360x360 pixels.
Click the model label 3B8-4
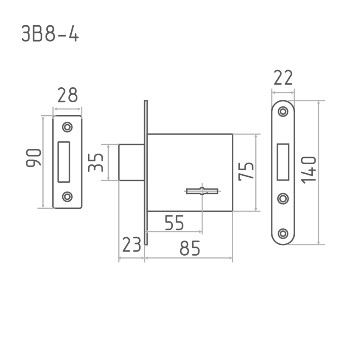[50, 33]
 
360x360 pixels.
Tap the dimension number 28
[67, 95]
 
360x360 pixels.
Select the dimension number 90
[33, 157]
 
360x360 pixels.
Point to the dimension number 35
[95, 162]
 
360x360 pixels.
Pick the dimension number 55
[175, 223]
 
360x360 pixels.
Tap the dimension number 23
[131, 244]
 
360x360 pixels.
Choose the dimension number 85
[190, 248]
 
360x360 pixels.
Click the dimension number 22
[283, 77]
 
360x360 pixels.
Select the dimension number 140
[309, 170]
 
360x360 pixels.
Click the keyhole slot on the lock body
[202, 191]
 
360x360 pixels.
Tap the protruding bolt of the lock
[131, 162]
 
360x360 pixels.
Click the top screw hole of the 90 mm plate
[67, 127]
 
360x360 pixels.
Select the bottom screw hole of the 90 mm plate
[67, 197]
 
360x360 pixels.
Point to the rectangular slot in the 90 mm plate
[64, 162]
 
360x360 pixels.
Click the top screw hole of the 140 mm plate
[283, 112]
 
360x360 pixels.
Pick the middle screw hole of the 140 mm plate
[283, 198]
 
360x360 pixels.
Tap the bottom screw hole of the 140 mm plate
[283, 234]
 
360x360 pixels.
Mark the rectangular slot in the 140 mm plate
[283, 162]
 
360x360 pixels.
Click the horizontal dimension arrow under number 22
[283, 93]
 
